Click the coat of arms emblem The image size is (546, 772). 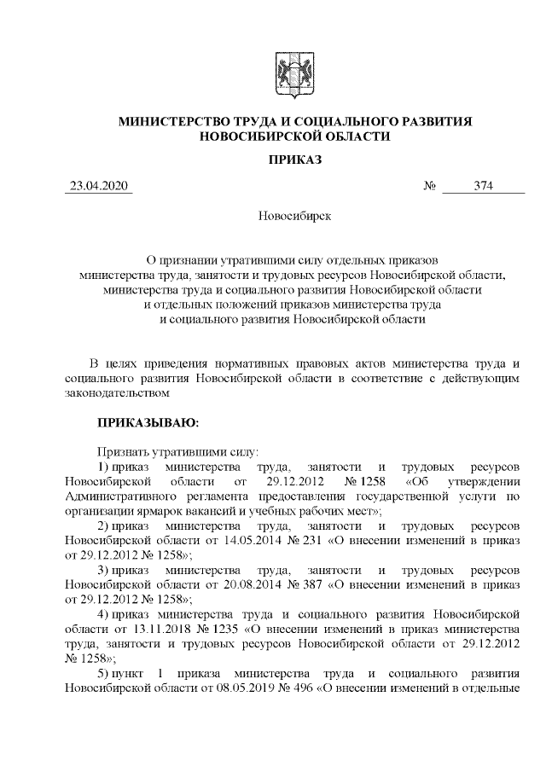point(294,74)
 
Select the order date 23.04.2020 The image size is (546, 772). point(99,187)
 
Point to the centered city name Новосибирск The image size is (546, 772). point(294,215)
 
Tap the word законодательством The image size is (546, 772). point(119,392)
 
